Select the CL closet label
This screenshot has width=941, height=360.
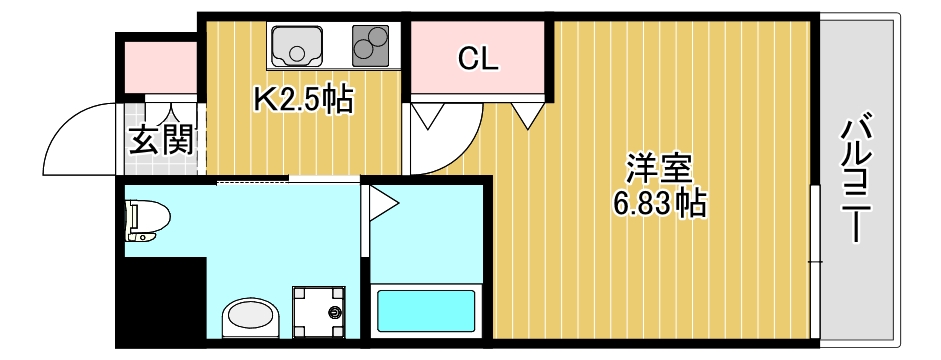(478, 59)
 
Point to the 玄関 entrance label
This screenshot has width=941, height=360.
(160, 141)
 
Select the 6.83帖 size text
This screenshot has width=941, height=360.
(659, 204)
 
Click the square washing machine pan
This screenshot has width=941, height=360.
(319, 313)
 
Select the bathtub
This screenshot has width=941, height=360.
(428, 312)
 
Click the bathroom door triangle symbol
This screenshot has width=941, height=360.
(383, 205)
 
